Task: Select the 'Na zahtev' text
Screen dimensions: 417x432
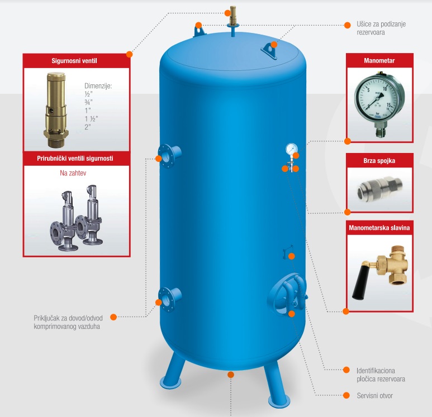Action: coord(76,174)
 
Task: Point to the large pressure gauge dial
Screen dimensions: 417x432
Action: coord(379,95)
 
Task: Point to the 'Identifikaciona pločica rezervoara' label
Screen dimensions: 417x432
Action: coord(380,374)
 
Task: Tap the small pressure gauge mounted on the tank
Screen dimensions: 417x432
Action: coord(291,149)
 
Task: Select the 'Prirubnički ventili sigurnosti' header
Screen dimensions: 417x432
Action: coord(76,159)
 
